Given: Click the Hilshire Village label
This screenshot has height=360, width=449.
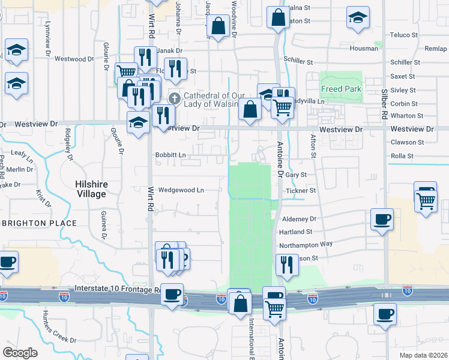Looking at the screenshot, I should tap(91, 189).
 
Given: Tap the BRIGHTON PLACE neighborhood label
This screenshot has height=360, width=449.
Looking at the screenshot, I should tap(40, 223).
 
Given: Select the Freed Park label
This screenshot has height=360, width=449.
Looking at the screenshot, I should tap(342, 89).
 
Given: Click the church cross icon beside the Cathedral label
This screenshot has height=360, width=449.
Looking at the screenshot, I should tap(175, 98).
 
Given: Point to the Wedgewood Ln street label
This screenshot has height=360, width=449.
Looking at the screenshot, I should tap(181, 190).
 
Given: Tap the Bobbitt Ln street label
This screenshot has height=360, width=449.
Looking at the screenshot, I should tap(170, 155).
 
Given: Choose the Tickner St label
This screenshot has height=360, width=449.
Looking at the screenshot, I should tap(300, 191).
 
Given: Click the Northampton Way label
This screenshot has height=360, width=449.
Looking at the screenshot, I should tap(306, 244).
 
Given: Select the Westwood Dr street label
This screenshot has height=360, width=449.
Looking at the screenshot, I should tap(74, 59).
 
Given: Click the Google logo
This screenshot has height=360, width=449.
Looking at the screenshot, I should tap(20, 353).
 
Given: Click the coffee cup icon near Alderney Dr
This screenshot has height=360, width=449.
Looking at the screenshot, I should tap(382, 219).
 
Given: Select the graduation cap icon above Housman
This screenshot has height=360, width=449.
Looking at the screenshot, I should tap(358, 18).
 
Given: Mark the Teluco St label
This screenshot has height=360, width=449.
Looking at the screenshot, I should tap(402, 35).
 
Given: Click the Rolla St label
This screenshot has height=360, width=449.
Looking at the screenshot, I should tap(402, 156).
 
